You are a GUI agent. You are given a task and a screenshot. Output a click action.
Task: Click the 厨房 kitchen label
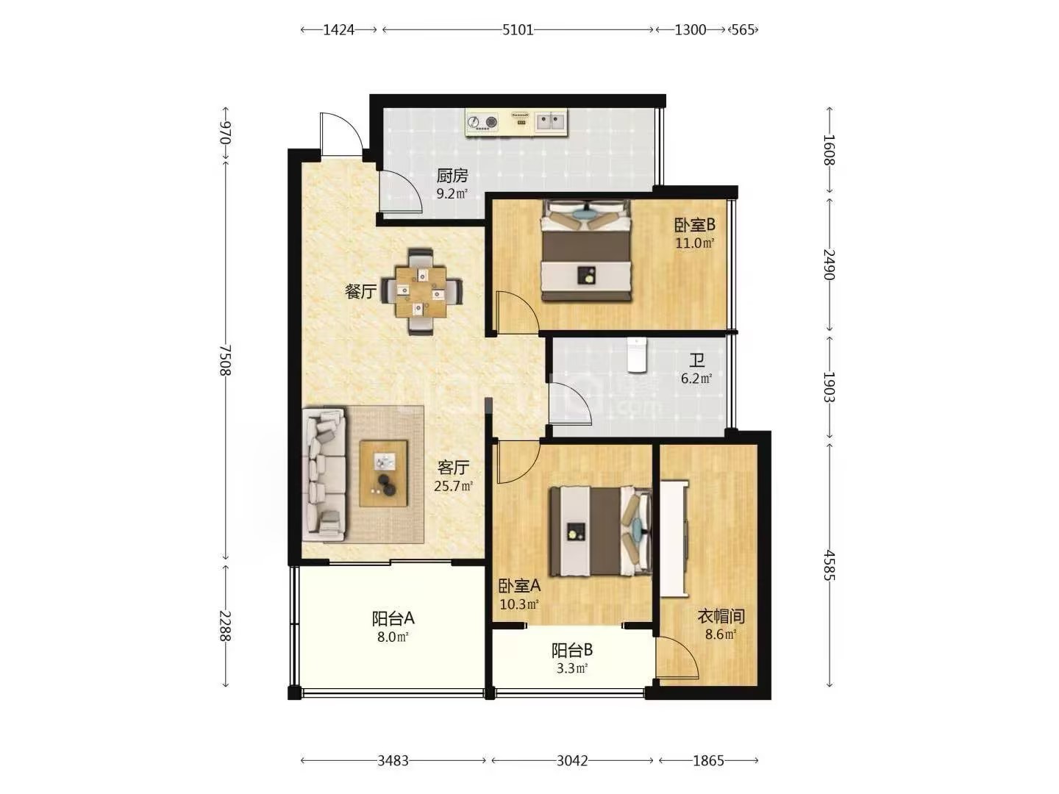[x=452, y=176]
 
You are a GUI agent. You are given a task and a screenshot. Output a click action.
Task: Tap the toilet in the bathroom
[x=636, y=355]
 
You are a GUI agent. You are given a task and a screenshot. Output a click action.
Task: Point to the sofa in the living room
[x=324, y=475]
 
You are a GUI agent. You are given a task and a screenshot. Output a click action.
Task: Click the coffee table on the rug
[x=384, y=473]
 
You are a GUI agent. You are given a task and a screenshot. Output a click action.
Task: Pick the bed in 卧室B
[x=586, y=251]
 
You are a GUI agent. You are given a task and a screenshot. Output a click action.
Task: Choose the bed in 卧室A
[x=601, y=531]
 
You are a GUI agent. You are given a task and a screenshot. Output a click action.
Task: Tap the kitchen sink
[x=551, y=121]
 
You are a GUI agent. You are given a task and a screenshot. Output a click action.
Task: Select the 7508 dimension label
[x=225, y=360]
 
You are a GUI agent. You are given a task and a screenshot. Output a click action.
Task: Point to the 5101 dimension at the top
[x=518, y=30]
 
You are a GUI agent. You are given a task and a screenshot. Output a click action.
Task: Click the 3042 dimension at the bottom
[x=572, y=761]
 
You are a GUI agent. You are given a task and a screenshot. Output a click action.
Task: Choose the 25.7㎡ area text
[x=453, y=486]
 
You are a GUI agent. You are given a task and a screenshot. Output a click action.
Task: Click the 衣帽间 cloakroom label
[x=721, y=615]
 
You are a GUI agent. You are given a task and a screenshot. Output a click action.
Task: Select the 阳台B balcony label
[x=572, y=651]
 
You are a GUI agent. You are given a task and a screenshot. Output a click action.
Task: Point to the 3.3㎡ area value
[x=571, y=669]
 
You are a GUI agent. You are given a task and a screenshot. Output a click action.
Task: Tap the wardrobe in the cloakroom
[x=674, y=538]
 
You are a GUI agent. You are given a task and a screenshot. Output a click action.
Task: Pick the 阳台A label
[x=393, y=618]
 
